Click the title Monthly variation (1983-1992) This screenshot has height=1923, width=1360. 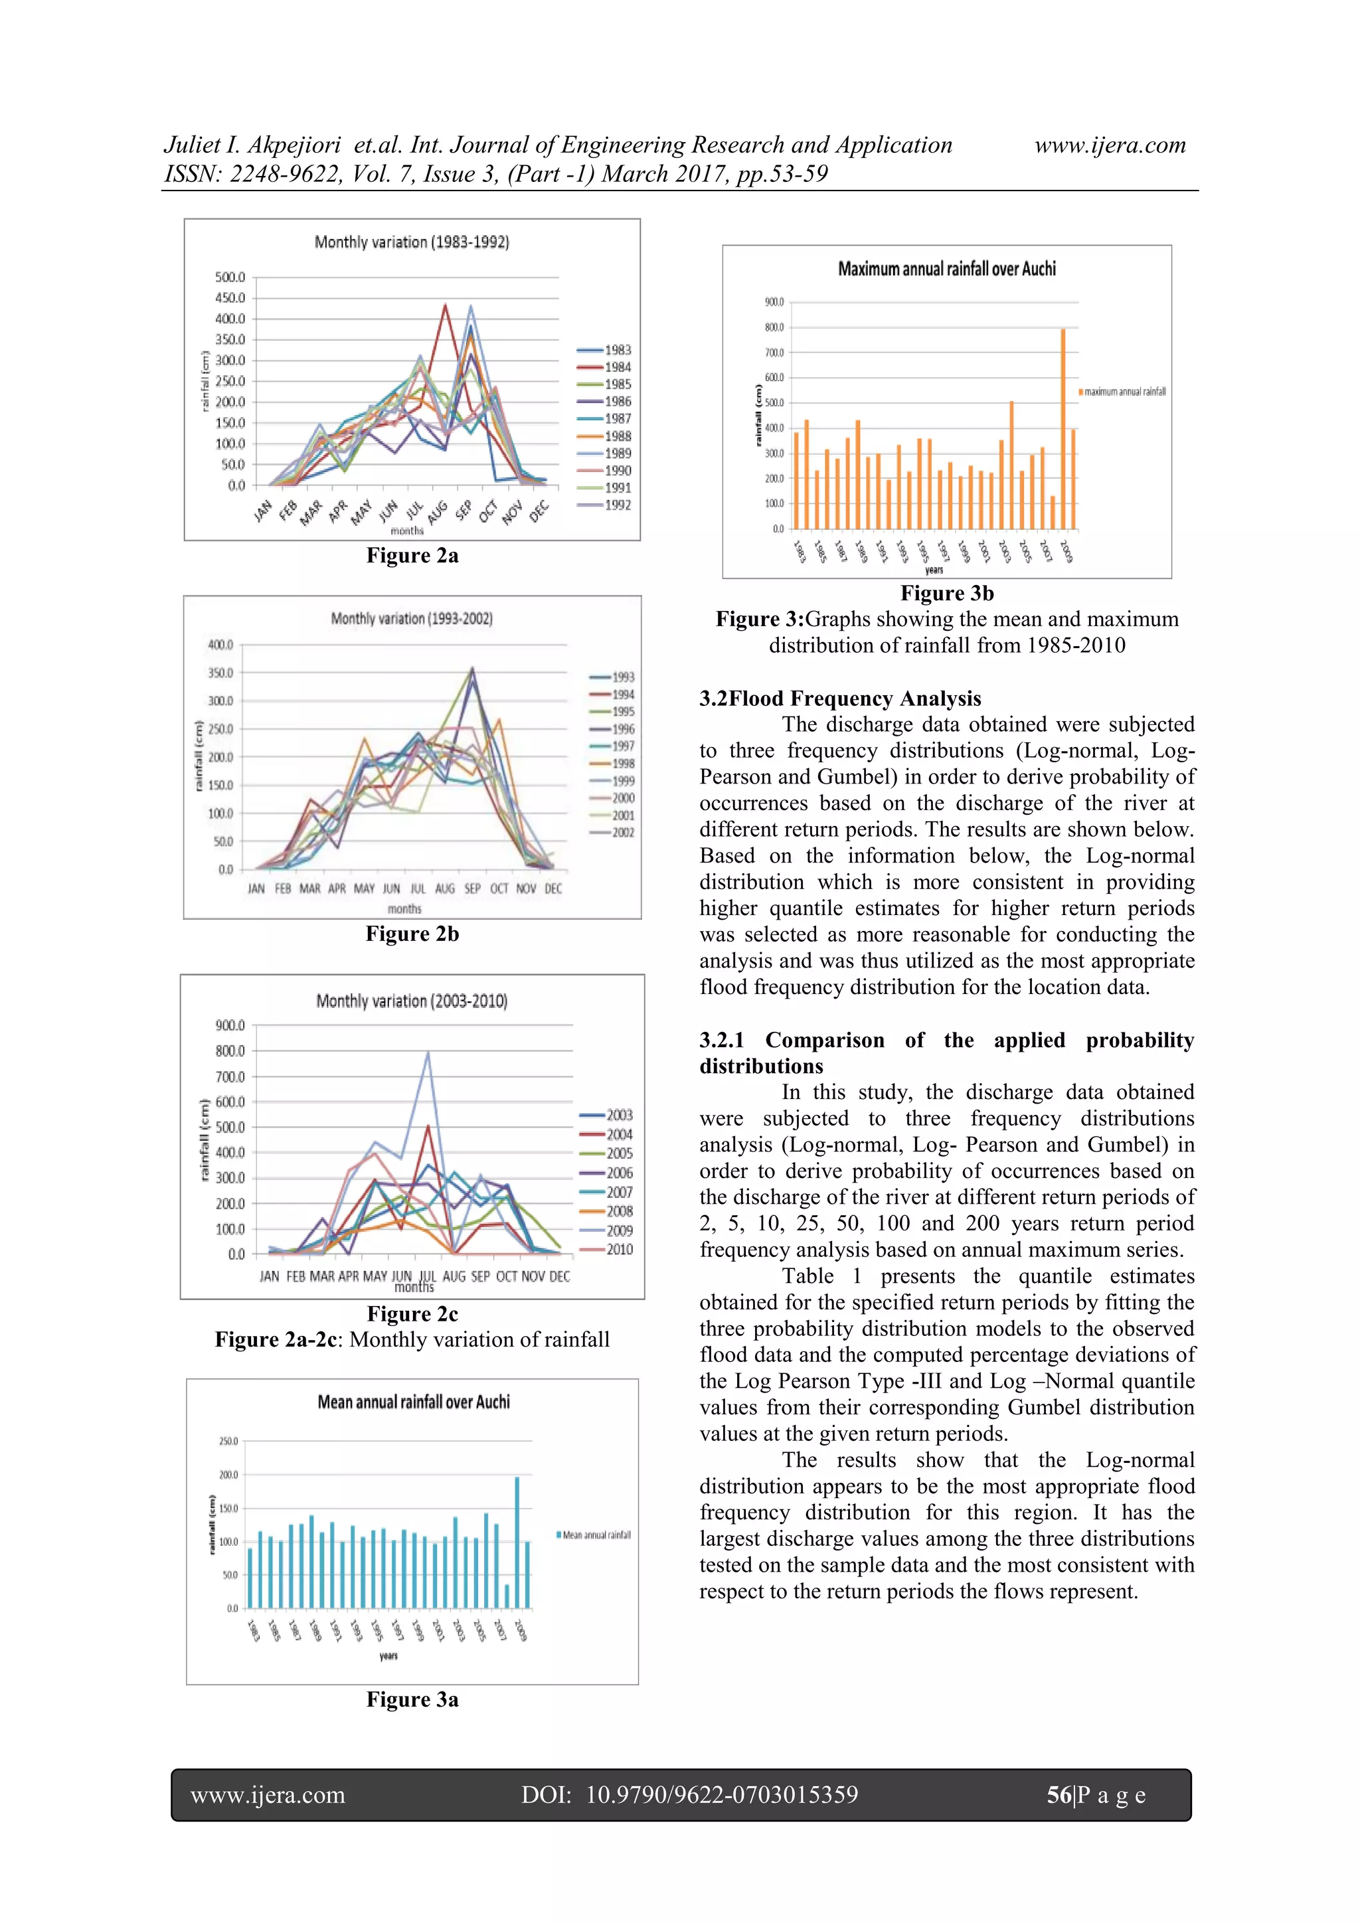[x=411, y=242]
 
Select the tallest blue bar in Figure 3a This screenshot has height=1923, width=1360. [x=517, y=1542]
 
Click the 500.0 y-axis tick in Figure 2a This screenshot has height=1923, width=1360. [x=230, y=277]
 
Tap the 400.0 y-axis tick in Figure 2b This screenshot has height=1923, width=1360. [x=220, y=645]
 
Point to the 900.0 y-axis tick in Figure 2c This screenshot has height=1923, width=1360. [x=230, y=1026]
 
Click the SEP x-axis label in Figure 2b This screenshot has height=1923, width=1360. [x=472, y=888]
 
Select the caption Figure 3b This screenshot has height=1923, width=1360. [x=946, y=593]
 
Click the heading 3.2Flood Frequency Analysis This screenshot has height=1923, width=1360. [x=840, y=699]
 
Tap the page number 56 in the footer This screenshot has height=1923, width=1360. [x=1059, y=1795]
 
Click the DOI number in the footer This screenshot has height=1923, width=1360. [x=721, y=1795]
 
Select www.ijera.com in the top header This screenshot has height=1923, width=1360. [x=1110, y=145]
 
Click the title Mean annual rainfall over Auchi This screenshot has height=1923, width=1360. [x=413, y=1402]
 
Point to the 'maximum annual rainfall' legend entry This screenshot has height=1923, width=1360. [x=1123, y=392]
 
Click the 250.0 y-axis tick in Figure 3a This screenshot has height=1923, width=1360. [x=228, y=1442]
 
